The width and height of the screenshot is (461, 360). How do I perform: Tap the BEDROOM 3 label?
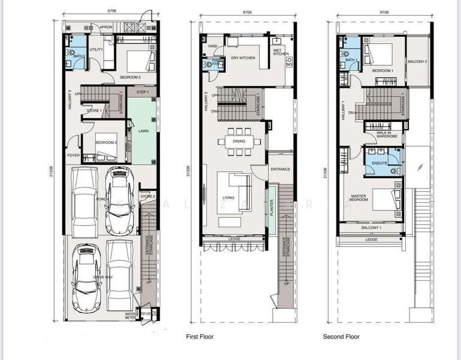[x=130, y=77]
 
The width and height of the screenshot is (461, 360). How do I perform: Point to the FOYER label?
[x=73, y=155]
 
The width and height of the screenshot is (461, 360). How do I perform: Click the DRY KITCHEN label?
[x=243, y=58]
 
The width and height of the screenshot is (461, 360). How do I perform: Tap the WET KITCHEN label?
[x=281, y=53]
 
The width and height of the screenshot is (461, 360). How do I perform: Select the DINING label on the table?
[x=239, y=142]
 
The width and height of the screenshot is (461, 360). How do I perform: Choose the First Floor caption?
[x=200, y=337]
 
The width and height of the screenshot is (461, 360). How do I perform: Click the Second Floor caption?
[x=341, y=337]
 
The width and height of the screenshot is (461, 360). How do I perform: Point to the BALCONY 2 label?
[x=417, y=61]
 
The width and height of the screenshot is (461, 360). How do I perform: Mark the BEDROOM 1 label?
[x=383, y=71]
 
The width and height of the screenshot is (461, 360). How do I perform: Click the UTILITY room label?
[x=97, y=49]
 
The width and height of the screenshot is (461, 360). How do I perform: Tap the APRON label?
[x=106, y=27]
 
